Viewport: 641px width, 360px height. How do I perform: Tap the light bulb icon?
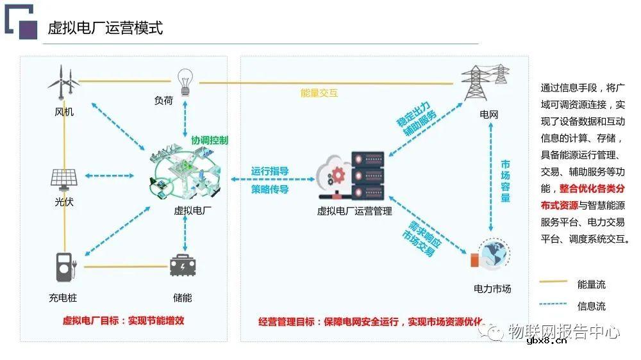185,81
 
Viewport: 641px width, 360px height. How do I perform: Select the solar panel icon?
64,177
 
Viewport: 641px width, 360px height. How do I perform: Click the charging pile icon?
64,266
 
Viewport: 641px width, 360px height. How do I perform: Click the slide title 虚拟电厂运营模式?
105,28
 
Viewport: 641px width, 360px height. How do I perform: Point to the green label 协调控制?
209,140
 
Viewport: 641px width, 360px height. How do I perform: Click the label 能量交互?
319,93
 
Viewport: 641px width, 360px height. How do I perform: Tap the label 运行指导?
269,171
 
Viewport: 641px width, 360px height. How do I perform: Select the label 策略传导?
269,189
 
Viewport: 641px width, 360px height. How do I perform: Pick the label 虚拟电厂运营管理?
354,211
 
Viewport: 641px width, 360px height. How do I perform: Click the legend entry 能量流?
591,284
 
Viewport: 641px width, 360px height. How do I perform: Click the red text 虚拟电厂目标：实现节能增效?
123,321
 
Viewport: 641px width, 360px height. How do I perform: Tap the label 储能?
182,298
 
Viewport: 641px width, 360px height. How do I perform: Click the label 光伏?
64,202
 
